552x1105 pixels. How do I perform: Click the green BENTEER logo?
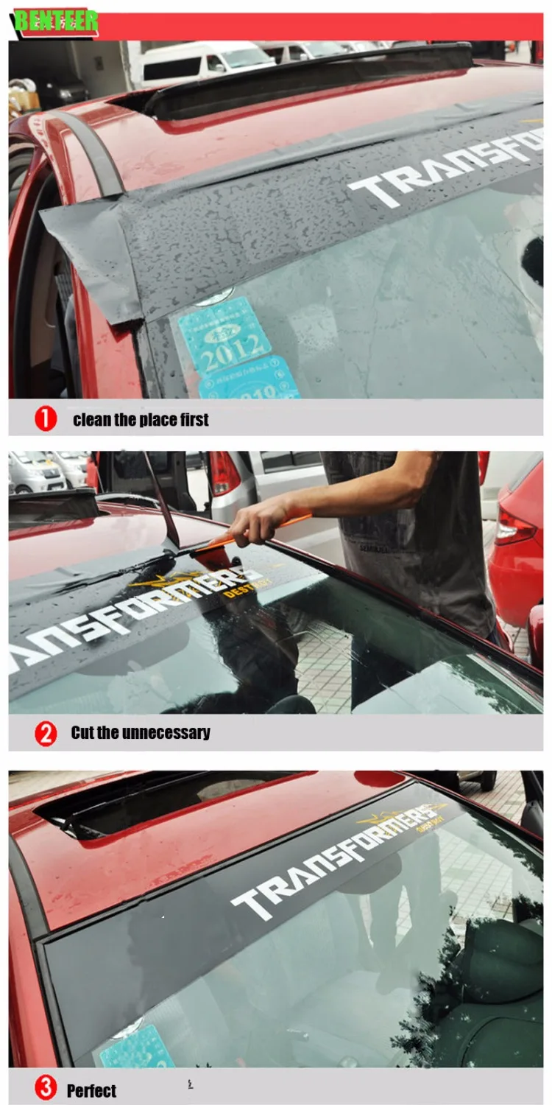(56, 21)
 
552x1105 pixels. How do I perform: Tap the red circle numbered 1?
(46, 419)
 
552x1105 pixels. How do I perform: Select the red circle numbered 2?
(46, 733)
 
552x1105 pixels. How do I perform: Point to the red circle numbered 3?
(46, 1089)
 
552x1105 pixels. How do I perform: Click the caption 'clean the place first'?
(141, 420)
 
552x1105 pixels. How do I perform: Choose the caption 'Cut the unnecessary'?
(140, 733)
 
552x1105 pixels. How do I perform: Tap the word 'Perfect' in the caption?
(91, 1091)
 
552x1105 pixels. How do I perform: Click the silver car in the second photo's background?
(37, 471)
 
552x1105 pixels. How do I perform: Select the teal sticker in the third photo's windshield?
(136, 1050)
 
